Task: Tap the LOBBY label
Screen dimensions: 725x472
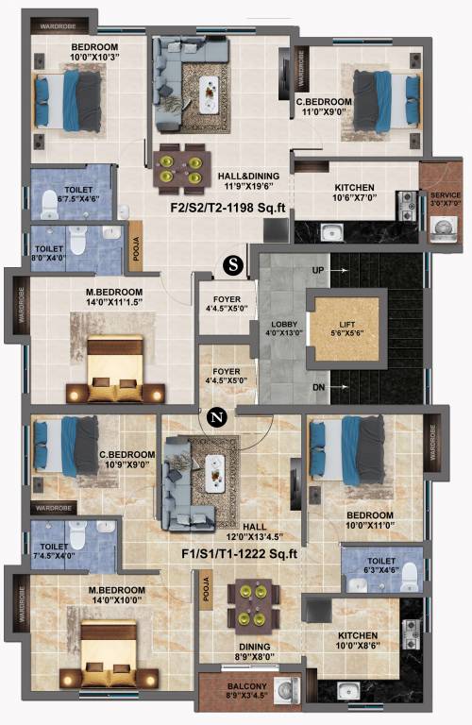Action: coord(284,327)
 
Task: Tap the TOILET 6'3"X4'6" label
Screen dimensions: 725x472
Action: coord(375,565)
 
